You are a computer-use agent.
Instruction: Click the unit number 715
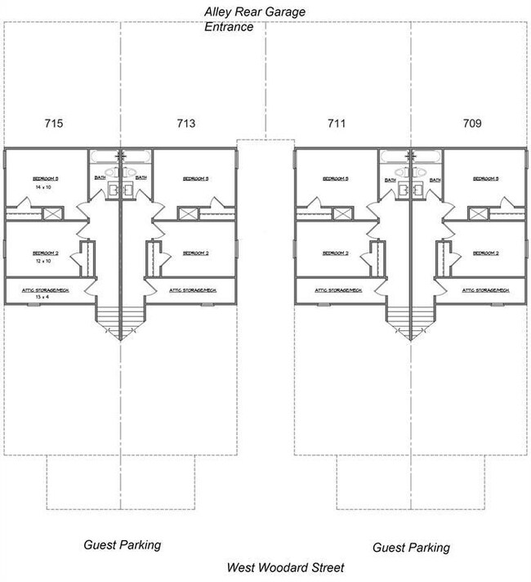point(54,124)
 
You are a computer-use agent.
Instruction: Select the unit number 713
point(185,124)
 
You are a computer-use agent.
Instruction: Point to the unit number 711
point(337,124)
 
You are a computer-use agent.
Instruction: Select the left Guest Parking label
point(123,544)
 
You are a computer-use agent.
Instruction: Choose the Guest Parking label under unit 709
point(411,548)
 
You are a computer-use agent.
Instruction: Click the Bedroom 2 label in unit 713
point(196,253)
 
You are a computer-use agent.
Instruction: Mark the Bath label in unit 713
point(141,177)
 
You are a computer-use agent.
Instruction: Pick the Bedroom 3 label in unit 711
point(335,178)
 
